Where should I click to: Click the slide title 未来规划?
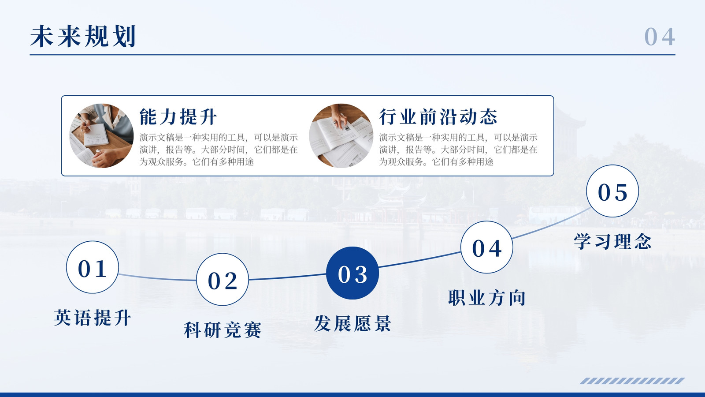[x=83, y=36]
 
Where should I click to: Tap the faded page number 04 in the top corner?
[x=659, y=37]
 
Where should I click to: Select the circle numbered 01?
[x=93, y=267]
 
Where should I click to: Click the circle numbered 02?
[x=223, y=280]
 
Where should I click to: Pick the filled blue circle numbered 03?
[x=352, y=273]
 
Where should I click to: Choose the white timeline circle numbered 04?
[x=486, y=247]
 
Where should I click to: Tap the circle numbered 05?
[x=612, y=191]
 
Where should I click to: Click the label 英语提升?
[x=93, y=318]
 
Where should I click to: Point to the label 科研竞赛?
[x=223, y=330]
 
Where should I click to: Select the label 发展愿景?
[x=352, y=323]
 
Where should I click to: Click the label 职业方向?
[x=486, y=297]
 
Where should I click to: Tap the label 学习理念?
[x=612, y=241]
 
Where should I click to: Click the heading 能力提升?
[x=178, y=116]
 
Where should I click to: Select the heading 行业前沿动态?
[x=438, y=116]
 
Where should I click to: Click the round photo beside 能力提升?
[x=101, y=136]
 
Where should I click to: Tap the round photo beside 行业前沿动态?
[x=341, y=136]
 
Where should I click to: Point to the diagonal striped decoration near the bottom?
[x=632, y=381]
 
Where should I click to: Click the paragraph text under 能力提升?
[x=219, y=150]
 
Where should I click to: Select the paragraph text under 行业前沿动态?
[x=458, y=150]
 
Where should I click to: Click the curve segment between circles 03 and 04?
[x=419, y=260]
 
